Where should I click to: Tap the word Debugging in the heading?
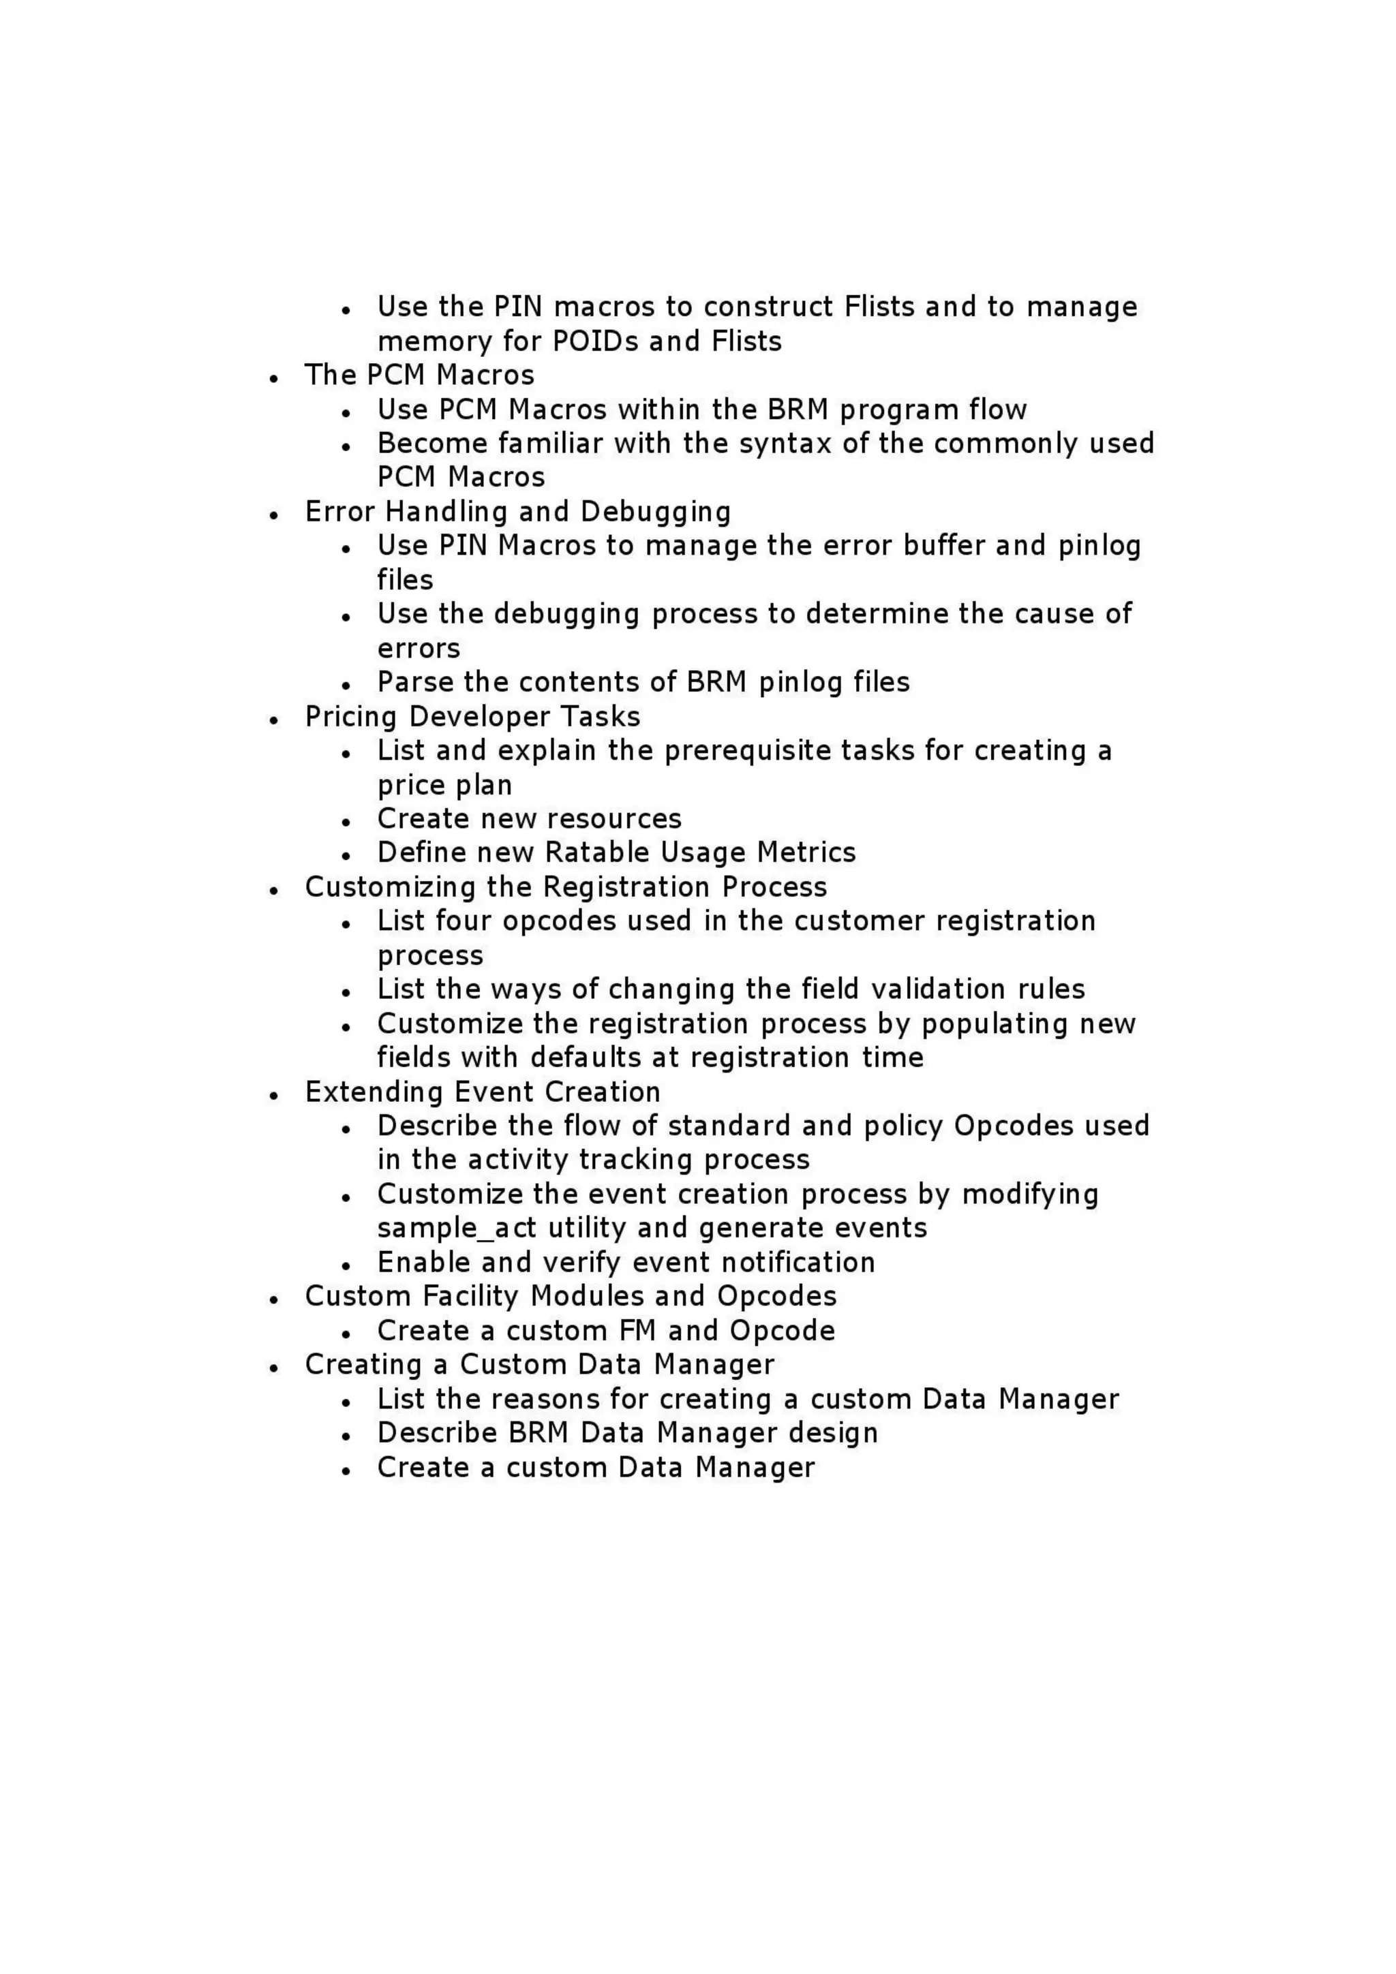[x=656, y=512]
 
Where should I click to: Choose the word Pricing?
[x=352, y=717]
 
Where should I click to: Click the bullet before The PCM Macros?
[x=273, y=377]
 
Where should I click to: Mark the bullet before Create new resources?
[x=346, y=821]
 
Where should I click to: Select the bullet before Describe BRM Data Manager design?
[x=346, y=1436]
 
